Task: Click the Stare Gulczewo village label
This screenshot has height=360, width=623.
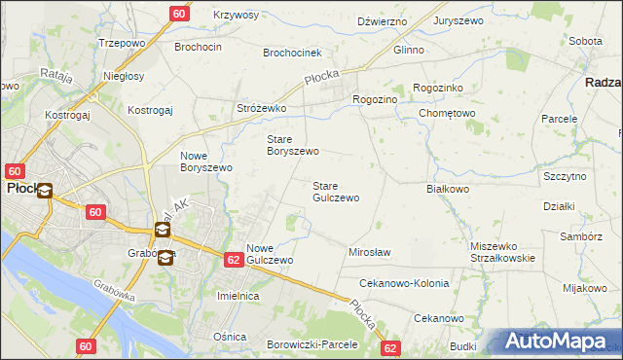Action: [335, 191]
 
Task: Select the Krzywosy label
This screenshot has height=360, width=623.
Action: [236, 15]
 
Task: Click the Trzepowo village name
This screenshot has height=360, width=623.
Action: [121, 44]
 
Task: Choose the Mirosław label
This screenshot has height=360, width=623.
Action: [369, 252]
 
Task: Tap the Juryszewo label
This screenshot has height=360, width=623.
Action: [459, 20]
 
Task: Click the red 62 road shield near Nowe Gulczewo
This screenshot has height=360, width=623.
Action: [233, 260]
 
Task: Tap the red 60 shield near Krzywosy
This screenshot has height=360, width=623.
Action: [178, 14]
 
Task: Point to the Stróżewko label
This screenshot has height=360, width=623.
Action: [261, 108]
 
